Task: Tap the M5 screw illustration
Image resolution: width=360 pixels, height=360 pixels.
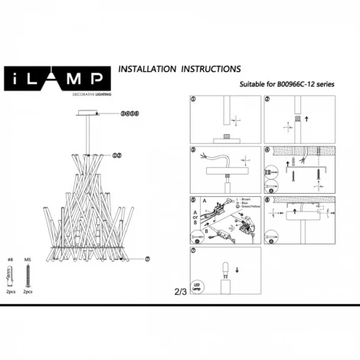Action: (28, 274)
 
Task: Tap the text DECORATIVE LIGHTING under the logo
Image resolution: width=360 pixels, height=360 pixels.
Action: (53, 93)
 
